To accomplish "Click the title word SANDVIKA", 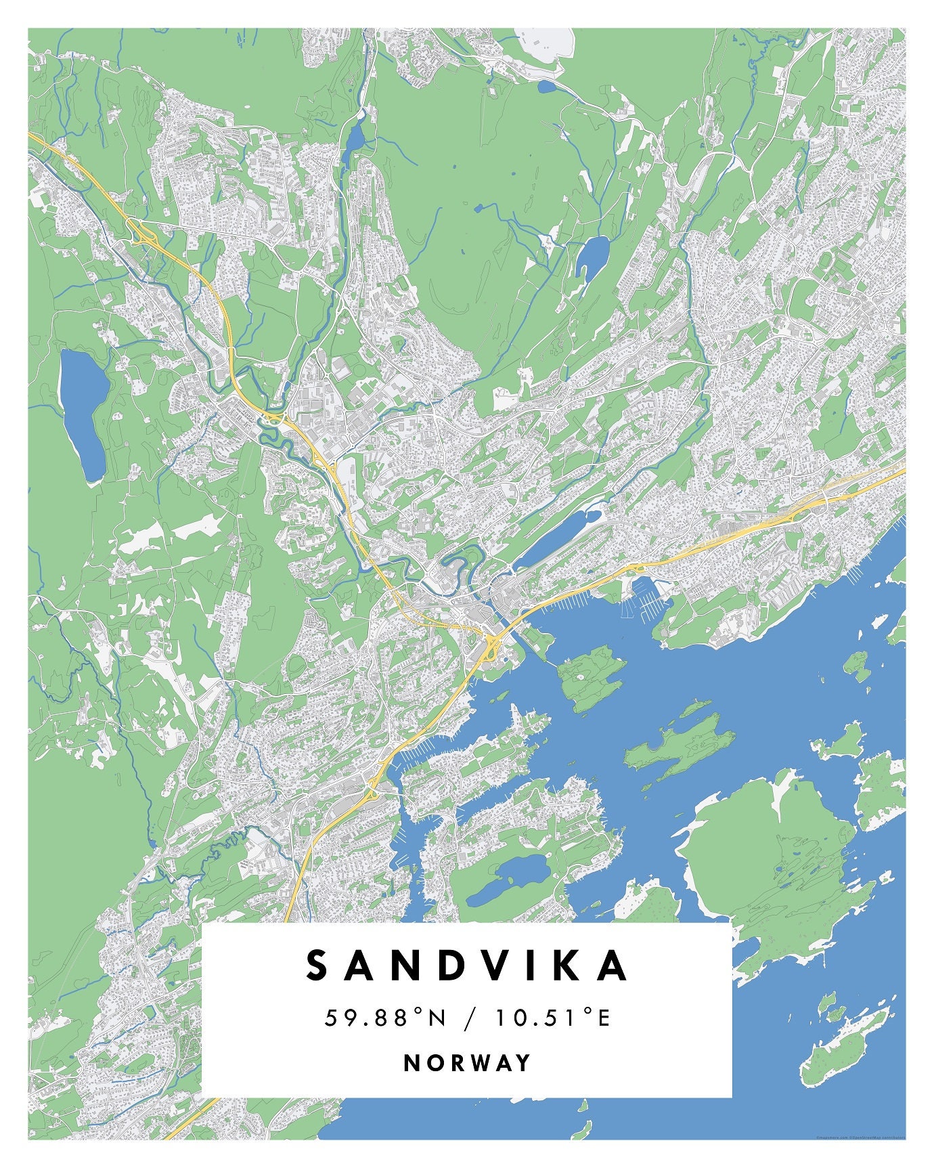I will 467,966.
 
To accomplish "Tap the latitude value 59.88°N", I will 386,1017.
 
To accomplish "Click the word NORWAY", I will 467,1062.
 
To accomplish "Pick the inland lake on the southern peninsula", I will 508,878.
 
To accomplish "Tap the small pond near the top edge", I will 546,86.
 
